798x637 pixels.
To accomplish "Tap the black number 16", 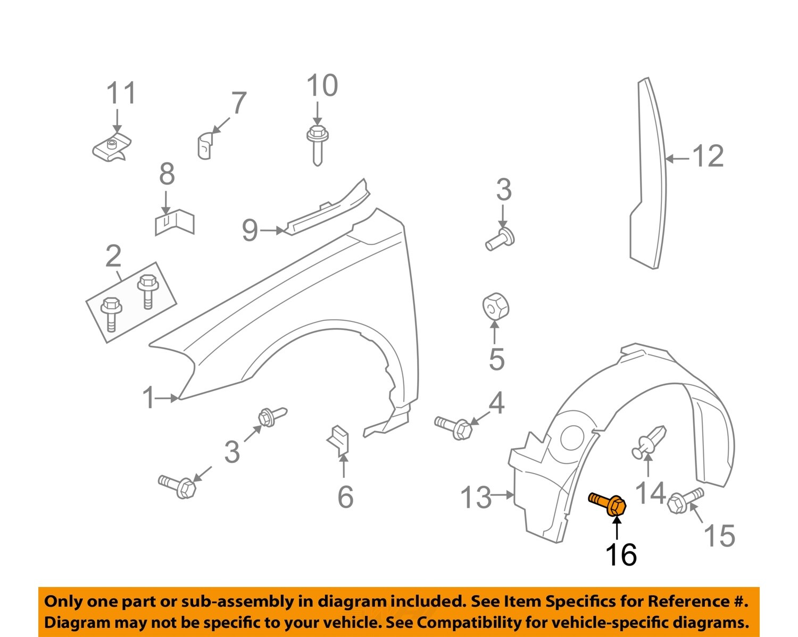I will tap(621, 555).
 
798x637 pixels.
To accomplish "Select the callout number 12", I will tap(708, 156).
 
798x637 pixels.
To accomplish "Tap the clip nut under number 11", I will tap(111, 147).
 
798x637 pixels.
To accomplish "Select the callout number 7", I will tap(238, 103).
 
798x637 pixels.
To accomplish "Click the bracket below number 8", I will tap(174, 223).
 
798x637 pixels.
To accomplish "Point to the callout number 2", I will tap(113, 257).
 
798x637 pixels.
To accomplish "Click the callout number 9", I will tap(250, 230).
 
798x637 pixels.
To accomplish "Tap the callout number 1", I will tap(148, 398).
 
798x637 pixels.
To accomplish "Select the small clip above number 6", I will tap(339, 440).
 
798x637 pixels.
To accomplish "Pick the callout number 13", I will tap(475, 498).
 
